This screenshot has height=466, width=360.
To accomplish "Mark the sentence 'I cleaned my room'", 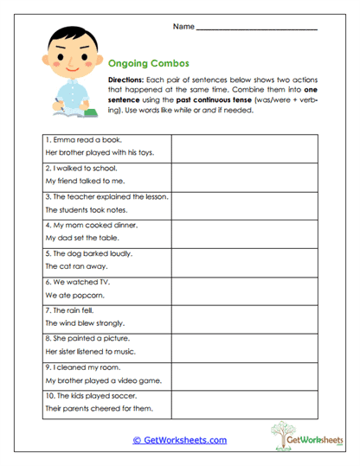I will [x=80, y=367].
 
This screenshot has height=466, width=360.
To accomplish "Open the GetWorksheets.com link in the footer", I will [x=179, y=440].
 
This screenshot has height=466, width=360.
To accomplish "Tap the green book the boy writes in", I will [x=71, y=112].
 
